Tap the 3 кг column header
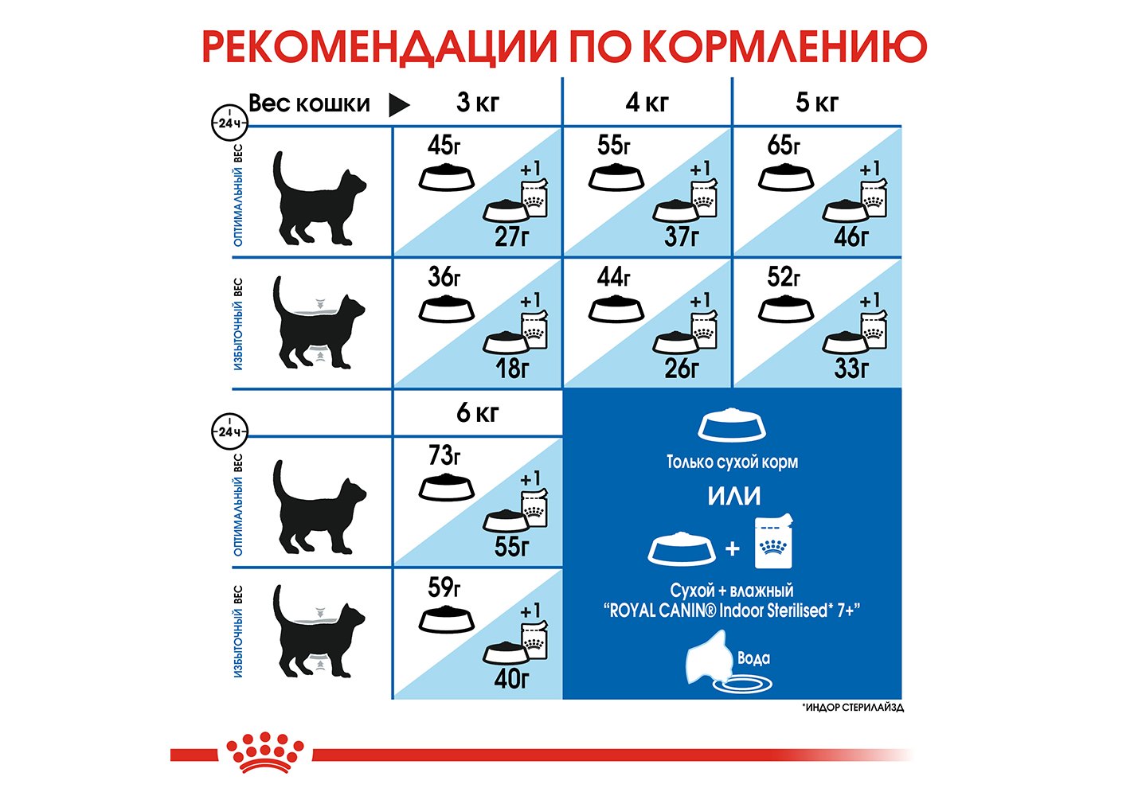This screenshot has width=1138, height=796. [x=478, y=102]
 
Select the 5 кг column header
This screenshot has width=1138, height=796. [x=817, y=102]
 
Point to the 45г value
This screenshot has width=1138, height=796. [x=444, y=146]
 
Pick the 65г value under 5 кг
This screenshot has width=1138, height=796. [x=784, y=146]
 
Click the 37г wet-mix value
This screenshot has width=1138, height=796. [x=682, y=236]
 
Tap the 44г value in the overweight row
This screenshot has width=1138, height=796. [x=614, y=277]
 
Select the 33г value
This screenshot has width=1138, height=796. [x=851, y=369]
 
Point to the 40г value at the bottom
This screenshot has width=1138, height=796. [x=512, y=679]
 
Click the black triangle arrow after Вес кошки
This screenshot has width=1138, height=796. [x=399, y=104]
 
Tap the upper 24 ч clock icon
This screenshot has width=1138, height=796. [x=229, y=123]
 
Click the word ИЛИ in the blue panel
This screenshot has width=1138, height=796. [x=734, y=495]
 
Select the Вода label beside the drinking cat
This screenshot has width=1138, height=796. [x=753, y=658]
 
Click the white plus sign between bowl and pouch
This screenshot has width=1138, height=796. [x=732, y=548]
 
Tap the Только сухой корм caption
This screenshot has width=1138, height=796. [x=732, y=462]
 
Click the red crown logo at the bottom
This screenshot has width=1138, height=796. [x=264, y=752]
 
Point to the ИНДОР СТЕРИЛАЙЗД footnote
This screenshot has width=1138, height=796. [x=853, y=707]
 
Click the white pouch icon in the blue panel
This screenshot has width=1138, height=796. [x=774, y=541]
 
